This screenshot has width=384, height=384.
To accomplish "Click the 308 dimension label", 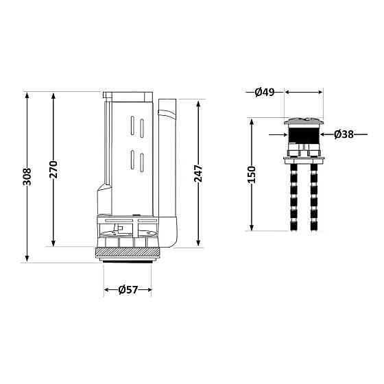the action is point(27,177).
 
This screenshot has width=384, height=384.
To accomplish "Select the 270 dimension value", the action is point(53,169).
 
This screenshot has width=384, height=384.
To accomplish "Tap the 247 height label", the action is point(198,173).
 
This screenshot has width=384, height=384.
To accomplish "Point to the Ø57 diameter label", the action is point(128,290).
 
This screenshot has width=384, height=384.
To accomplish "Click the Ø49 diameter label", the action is point(265,93).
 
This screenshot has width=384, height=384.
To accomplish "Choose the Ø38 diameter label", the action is point(344,134).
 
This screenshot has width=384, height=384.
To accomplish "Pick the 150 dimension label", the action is point(252,174).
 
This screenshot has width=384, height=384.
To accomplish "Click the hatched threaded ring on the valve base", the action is point(128,252).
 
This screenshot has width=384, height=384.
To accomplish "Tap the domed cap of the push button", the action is point(304,121).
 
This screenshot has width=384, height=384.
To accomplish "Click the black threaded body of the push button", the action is point(304,134).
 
